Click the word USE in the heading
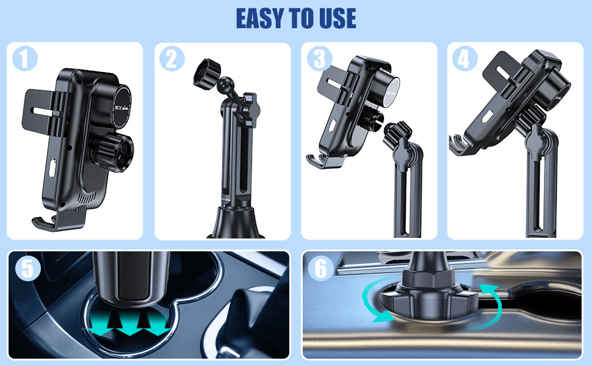334,18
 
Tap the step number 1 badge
24,59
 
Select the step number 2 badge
171,59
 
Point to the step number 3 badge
318,59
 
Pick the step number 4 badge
465,59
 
